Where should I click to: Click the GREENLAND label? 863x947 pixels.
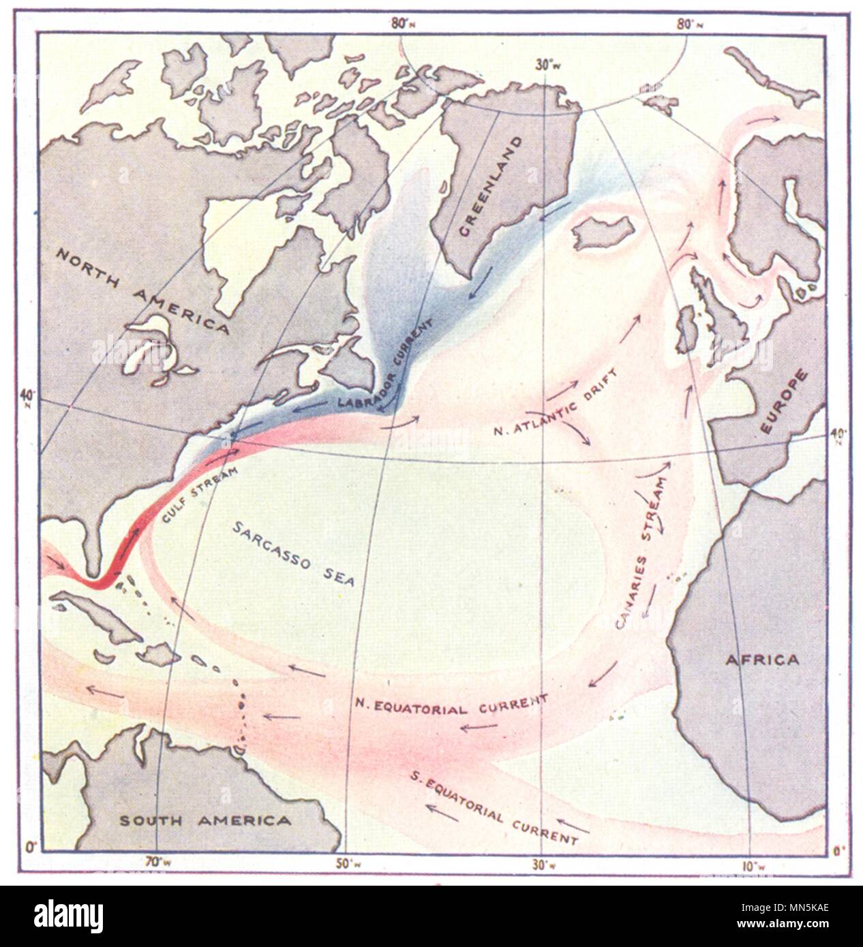point(489,187)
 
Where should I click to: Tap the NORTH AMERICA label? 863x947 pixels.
point(142,291)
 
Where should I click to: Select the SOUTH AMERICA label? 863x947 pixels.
point(205,820)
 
